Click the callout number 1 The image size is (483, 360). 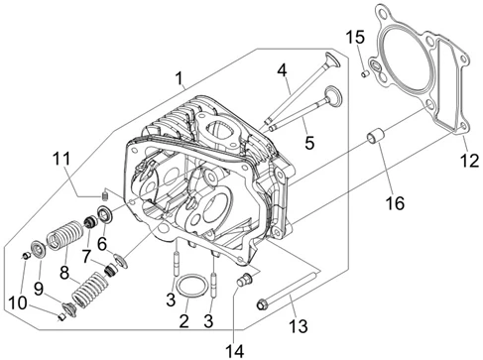point(179,78)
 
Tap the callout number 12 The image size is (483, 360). point(469,161)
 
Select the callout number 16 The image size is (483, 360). point(395,203)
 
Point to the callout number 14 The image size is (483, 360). point(235,351)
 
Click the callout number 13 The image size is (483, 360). point(299,326)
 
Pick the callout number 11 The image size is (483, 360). point(61,159)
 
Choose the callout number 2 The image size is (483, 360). point(183,321)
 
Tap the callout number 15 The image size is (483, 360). point(356,37)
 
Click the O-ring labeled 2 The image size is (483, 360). point(190,286)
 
